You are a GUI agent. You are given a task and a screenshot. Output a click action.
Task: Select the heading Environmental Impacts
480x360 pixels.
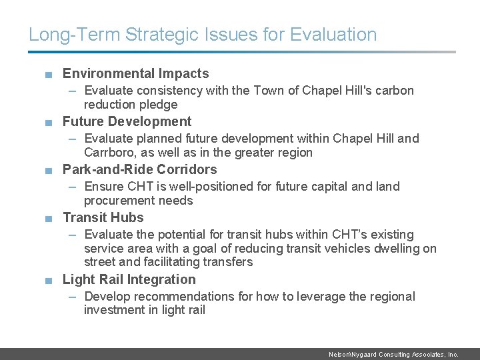(135, 74)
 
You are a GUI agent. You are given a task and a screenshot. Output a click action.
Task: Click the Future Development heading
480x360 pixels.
(127, 122)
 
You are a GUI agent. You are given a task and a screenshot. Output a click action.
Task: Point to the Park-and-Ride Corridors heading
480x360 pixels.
(139, 170)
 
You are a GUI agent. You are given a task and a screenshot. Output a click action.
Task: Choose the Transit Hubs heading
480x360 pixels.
(103, 218)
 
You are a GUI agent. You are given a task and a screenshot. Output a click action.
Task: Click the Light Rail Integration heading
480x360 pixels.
(129, 280)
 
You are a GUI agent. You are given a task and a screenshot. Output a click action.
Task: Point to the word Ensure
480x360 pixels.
(104, 187)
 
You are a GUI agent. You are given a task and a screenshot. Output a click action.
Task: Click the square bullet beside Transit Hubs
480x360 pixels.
(49, 219)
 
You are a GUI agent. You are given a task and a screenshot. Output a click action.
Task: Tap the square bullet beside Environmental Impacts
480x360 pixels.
(49, 75)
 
